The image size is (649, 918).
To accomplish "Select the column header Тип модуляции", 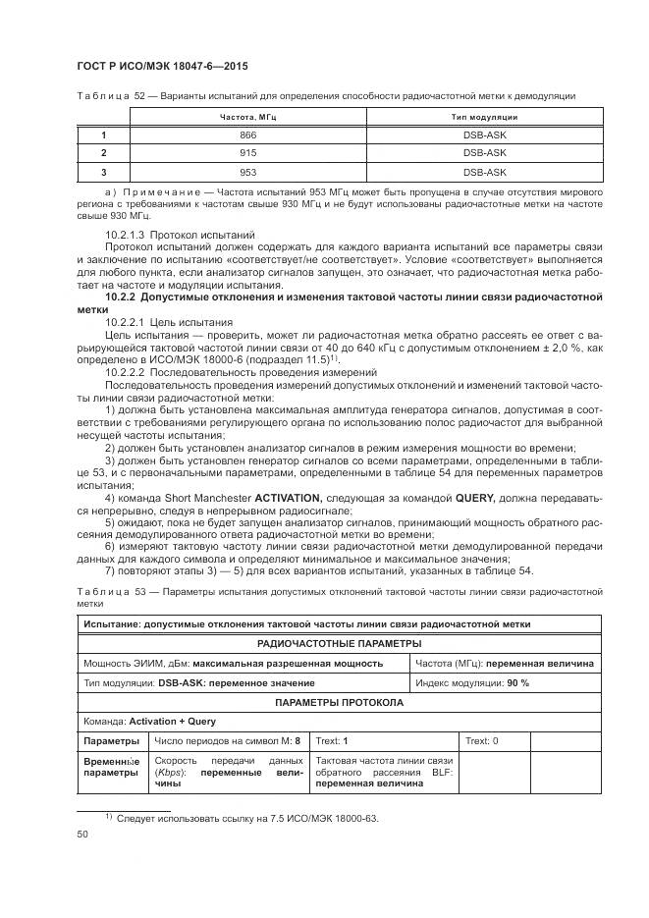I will click(x=484, y=117).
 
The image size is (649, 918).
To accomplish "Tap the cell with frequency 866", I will click(x=248, y=135).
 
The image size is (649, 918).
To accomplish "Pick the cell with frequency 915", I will click(x=248, y=153).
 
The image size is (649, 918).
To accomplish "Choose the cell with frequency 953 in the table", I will click(x=248, y=172).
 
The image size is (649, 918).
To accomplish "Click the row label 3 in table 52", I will click(x=103, y=172).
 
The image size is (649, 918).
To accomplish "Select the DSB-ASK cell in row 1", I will click(x=484, y=135).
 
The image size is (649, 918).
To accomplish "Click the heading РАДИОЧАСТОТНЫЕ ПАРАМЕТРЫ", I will click(x=339, y=643).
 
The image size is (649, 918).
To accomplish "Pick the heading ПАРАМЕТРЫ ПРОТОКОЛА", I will click(x=339, y=703).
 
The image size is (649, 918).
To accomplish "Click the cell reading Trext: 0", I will click(x=481, y=740).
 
